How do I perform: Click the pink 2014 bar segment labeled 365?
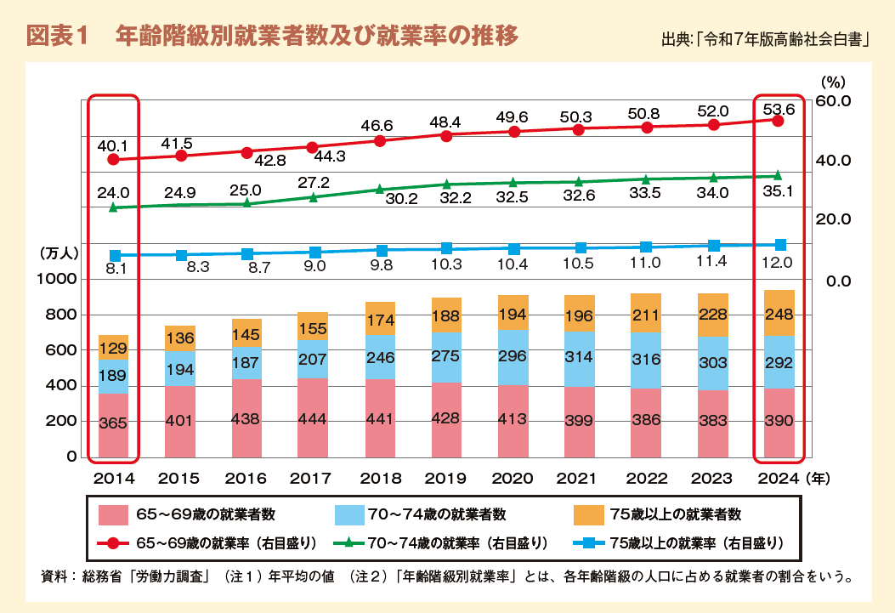(113, 424)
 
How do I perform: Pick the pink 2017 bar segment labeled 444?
(312, 418)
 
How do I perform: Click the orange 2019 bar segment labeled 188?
(445, 315)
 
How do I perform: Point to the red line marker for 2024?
(777, 121)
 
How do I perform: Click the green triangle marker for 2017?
(312, 197)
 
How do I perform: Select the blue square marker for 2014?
(115, 255)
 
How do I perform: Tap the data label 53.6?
(779, 109)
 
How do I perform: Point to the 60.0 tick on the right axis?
(834, 101)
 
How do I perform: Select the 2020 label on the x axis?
(513, 479)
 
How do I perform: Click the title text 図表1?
(59, 37)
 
